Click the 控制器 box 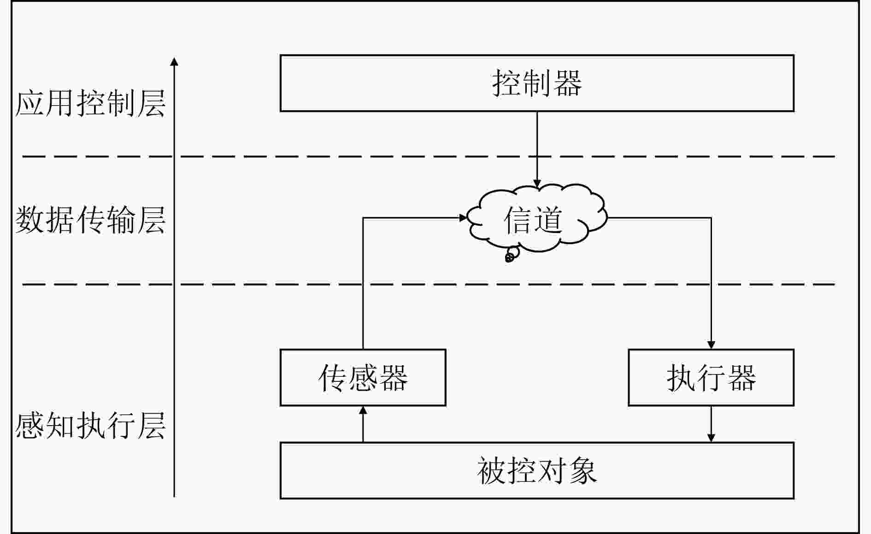537,83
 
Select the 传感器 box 363,378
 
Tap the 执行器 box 711,378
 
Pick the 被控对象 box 537,471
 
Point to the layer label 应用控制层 90,103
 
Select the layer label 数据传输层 90,220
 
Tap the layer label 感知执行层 90,425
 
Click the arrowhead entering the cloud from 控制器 537,184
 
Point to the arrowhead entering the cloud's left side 463,218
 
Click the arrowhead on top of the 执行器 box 711,345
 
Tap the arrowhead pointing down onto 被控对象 711,438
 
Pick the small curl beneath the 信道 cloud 510,256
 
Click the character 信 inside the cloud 518,220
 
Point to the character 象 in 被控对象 583,471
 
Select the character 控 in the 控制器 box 507,83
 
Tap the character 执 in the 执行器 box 681,378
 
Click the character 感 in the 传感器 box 363,378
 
